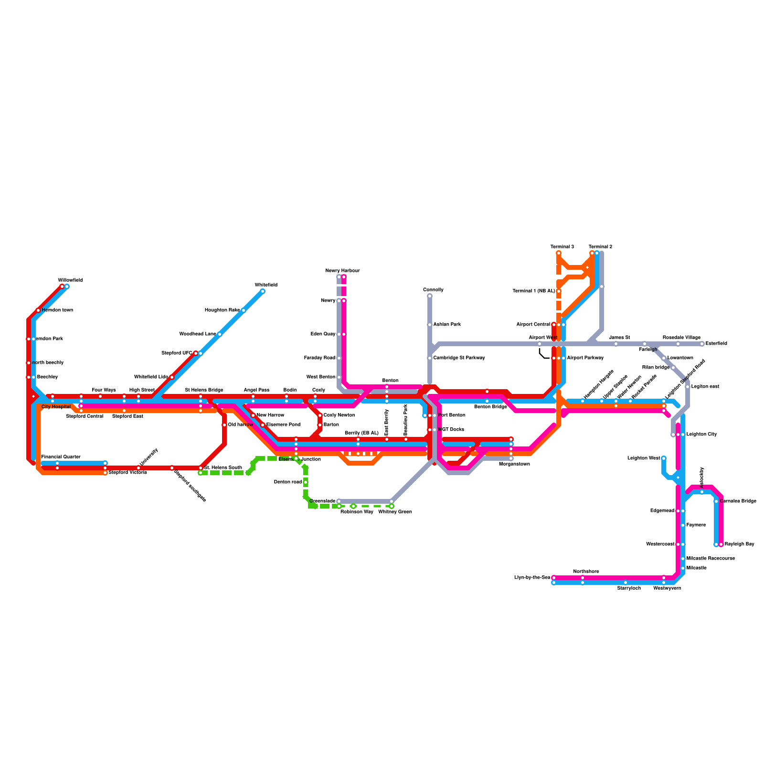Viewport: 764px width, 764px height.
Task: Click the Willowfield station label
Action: click(x=70, y=280)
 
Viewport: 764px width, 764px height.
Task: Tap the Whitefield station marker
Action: click(x=263, y=291)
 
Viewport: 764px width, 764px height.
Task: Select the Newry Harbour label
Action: click(x=342, y=271)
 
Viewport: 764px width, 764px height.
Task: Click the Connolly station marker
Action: click(x=430, y=296)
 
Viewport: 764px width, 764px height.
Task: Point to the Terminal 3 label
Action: click(x=562, y=247)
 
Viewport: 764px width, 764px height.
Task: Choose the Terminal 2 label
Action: click(x=600, y=247)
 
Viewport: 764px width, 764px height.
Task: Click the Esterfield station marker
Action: click(x=702, y=344)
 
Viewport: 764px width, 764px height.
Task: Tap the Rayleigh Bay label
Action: click(x=739, y=544)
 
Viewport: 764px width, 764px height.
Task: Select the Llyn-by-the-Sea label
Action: click(x=532, y=578)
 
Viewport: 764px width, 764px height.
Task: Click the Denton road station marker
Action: click(x=306, y=482)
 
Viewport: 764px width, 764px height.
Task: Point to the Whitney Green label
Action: click(x=395, y=512)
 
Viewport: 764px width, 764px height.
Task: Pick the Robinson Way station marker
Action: click(x=353, y=506)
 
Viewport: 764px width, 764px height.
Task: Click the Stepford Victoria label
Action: click(x=127, y=473)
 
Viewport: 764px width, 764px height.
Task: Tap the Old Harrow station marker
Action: click(x=224, y=425)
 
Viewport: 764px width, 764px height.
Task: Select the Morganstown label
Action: click(x=514, y=464)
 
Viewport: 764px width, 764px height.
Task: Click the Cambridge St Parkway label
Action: click(x=459, y=358)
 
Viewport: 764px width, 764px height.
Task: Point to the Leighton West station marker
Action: click(x=664, y=458)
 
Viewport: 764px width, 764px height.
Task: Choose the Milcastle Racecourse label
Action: click(x=711, y=559)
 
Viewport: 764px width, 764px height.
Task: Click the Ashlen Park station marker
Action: click(x=430, y=325)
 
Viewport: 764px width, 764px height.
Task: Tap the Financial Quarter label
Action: click(x=61, y=457)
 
